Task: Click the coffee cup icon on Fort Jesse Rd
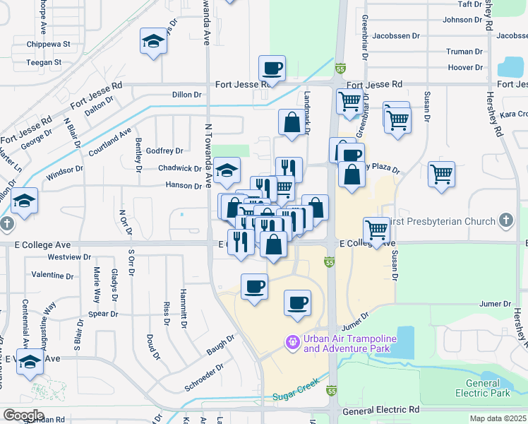click(x=272, y=69)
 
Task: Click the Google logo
click(x=23, y=415)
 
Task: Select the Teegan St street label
click(x=44, y=62)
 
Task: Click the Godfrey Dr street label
click(x=164, y=151)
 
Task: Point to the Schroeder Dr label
click(x=205, y=372)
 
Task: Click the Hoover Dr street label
click(x=465, y=68)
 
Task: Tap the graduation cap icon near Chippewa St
click(x=153, y=42)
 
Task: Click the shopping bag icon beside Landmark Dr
click(x=292, y=123)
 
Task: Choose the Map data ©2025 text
click(x=498, y=418)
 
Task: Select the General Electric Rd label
click(x=380, y=411)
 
